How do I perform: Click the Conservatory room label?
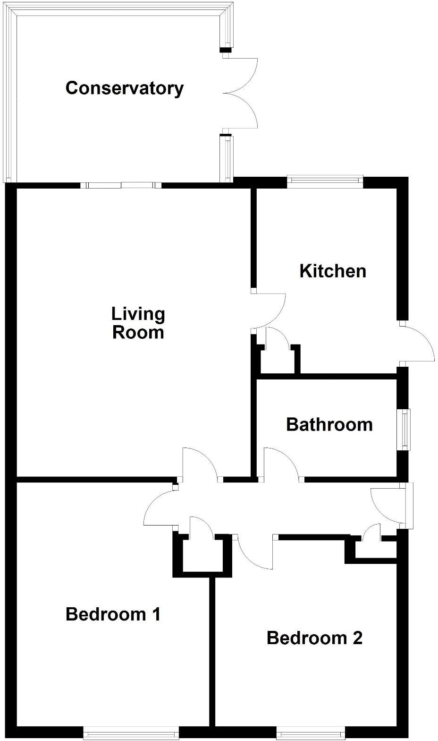[x=125, y=88]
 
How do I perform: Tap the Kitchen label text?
[x=333, y=271]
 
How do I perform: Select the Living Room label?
[x=138, y=323]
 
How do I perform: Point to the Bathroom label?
[x=329, y=424]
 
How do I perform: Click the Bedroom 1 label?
[x=113, y=614]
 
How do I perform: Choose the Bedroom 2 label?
[x=314, y=638]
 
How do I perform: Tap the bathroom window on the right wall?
[x=405, y=429]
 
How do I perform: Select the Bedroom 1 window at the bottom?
[x=131, y=734]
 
